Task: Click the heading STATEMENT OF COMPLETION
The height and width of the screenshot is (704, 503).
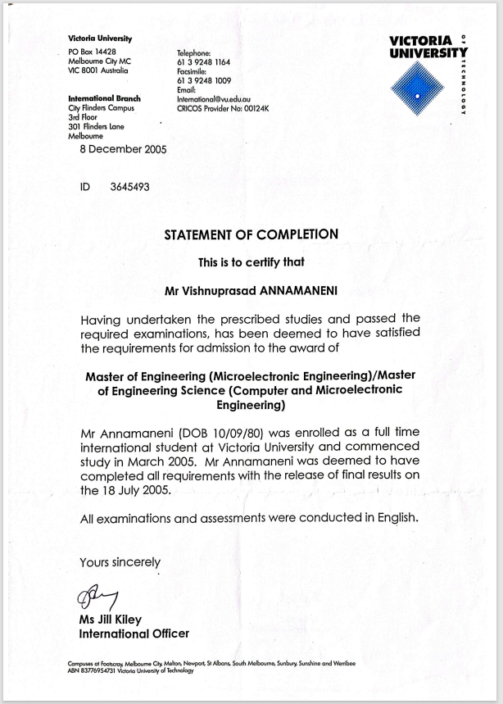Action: [x=251, y=234]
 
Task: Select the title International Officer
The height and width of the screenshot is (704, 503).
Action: [x=134, y=634]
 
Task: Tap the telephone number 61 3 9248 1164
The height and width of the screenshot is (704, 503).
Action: [x=203, y=62]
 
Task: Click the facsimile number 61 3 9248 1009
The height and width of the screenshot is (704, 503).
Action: [x=203, y=81]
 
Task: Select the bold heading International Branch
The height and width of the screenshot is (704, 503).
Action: [x=104, y=98]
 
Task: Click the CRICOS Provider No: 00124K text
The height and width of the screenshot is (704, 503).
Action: [x=223, y=107]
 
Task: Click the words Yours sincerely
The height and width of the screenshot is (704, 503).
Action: [x=120, y=562]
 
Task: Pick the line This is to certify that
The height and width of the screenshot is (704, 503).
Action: [x=251, y=262]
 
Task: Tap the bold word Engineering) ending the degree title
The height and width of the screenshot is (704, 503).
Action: [x=251, y=405]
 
